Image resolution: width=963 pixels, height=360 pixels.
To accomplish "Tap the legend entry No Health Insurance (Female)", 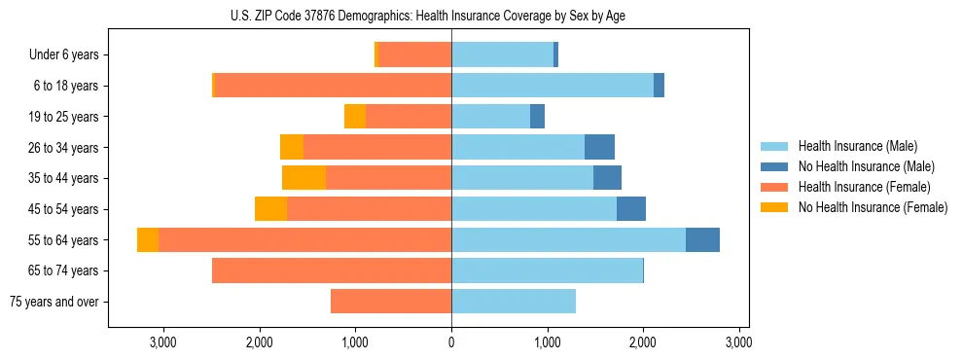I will (x=873, y=207).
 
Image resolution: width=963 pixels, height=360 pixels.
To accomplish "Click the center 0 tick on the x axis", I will (x=451, y=343).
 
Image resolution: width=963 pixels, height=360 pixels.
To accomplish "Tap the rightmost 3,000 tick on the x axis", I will (x=739, y=343).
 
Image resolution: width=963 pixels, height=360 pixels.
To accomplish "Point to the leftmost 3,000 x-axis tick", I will (x=162, y=343).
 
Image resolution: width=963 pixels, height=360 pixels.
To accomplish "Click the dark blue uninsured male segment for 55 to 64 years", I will (x=702, y=240).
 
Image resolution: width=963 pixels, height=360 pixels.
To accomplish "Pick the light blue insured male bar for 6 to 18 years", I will (x=552, y=86).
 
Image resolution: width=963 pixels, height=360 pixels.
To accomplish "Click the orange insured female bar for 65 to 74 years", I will (x=332, y=270).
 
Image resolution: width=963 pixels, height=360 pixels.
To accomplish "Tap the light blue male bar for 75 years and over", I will (x=514, y=302).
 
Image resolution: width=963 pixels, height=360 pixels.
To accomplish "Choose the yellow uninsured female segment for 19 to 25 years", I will (x=355, y=117).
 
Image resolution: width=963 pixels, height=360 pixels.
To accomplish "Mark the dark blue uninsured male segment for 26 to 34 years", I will (x=599, y=148).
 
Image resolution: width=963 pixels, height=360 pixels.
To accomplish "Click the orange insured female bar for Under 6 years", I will (x=414, y=55).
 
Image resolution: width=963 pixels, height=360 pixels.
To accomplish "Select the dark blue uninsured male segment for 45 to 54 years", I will (x=631, y=209).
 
